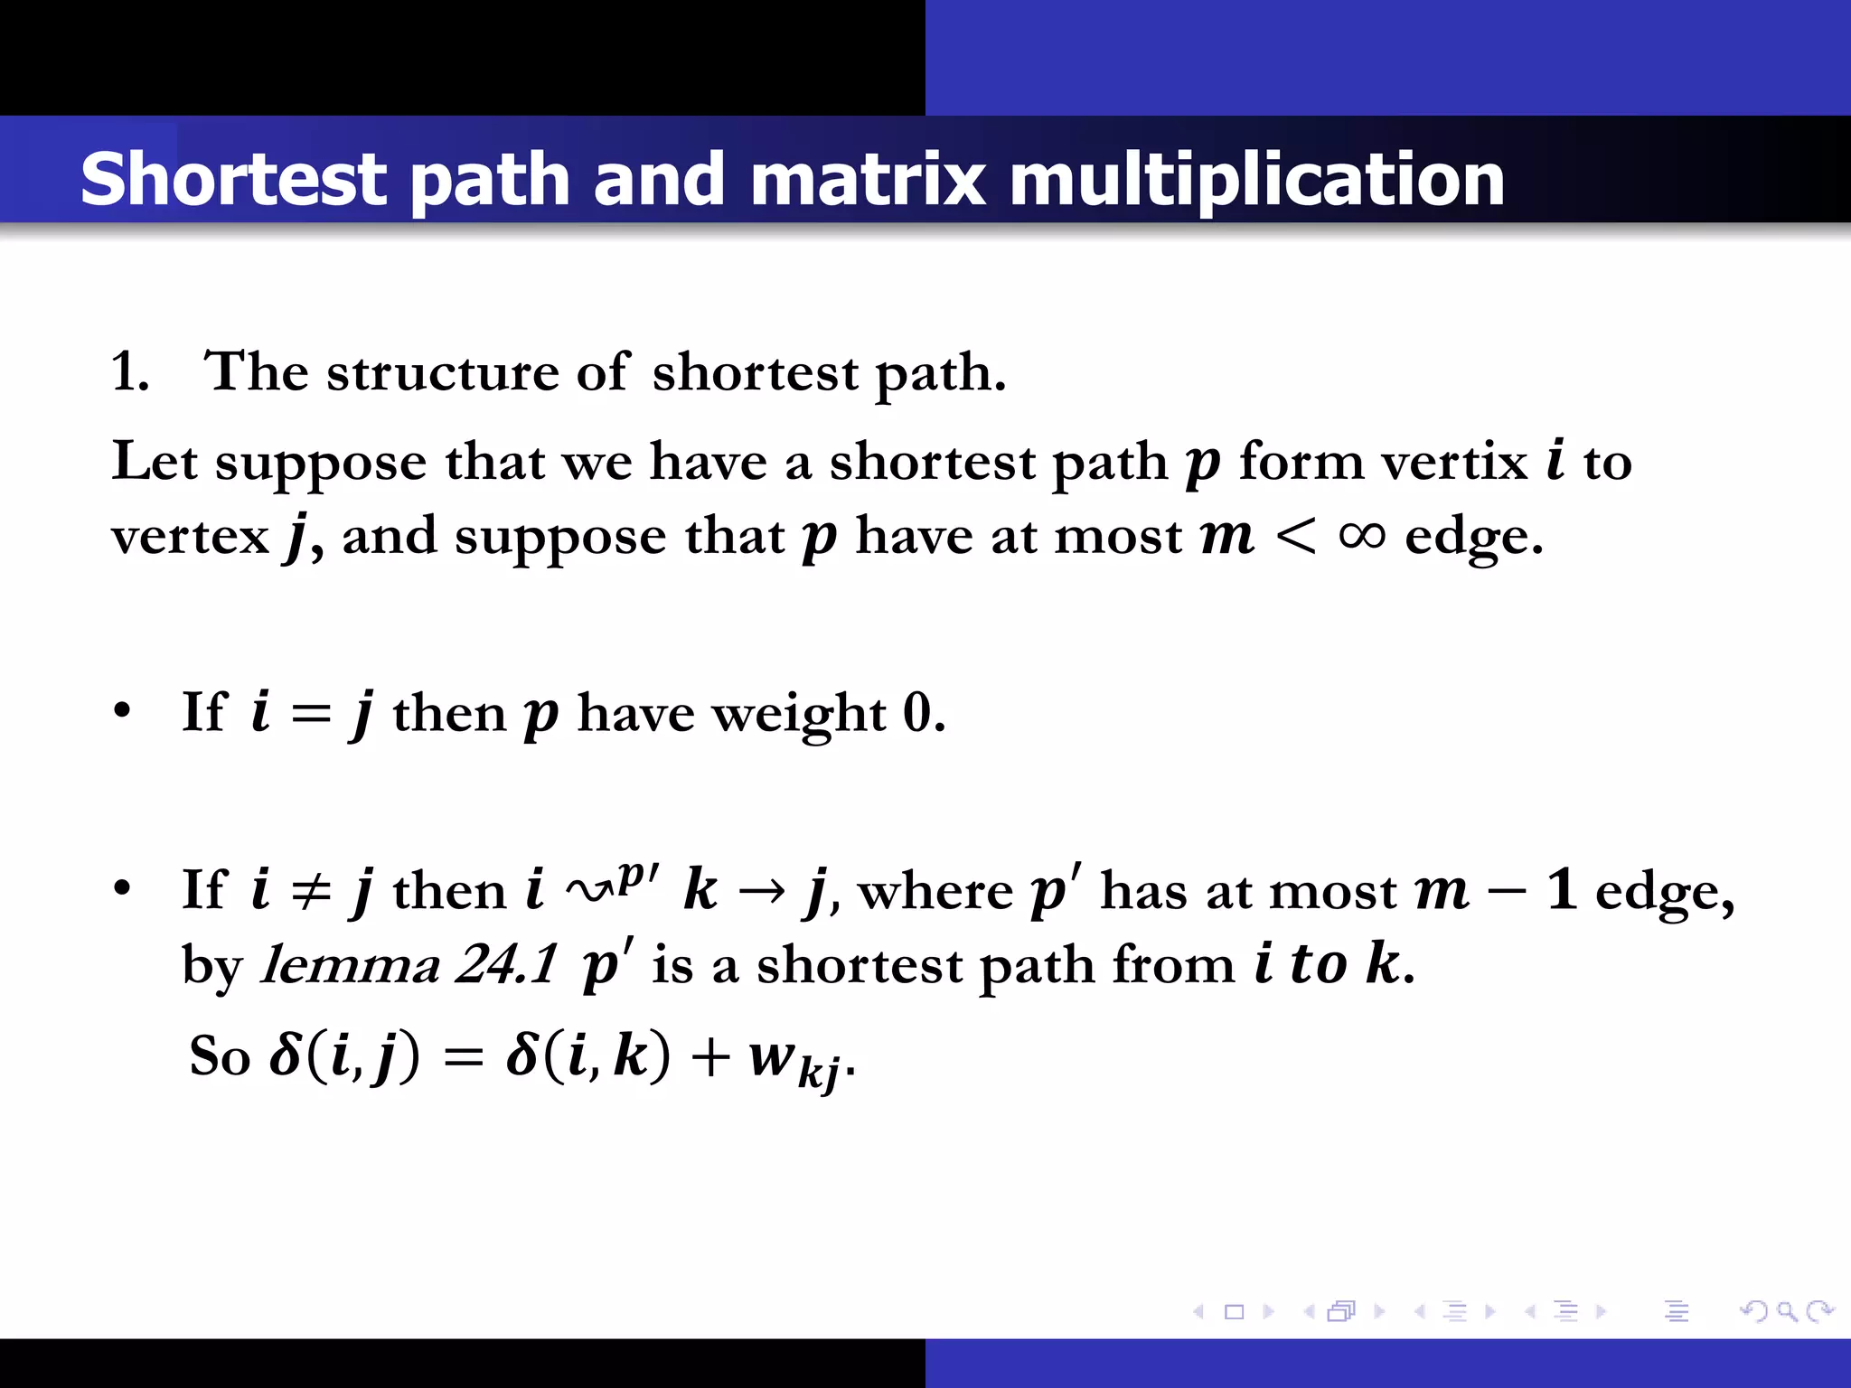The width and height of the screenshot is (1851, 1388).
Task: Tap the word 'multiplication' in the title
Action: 1256,179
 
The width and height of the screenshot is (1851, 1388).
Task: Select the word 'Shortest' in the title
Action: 234,179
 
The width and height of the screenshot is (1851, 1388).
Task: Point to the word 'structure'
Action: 443,371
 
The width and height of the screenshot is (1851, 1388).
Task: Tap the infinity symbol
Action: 1361,536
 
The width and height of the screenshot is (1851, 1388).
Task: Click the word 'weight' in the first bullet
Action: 799,714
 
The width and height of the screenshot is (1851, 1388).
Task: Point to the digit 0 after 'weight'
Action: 916,713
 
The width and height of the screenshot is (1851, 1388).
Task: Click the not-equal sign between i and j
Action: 311,891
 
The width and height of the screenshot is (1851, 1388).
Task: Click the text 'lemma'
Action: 351,965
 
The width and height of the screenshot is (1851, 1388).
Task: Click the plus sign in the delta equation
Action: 710,1056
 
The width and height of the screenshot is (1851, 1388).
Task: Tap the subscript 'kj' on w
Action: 819,1072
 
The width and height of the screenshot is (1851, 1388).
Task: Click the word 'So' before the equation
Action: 220,1055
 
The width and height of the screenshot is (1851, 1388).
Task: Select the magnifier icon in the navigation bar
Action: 1786,1310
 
